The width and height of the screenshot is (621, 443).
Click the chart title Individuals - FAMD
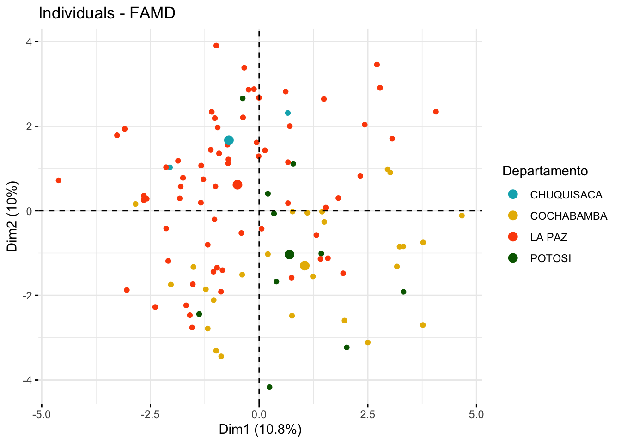tap(107, 13)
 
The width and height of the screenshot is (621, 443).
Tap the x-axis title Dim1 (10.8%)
tap(260, 430)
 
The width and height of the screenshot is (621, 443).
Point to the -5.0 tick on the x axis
tap(42, 414)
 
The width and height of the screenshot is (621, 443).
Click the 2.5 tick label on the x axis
tap(368, 414)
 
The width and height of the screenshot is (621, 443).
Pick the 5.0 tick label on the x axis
tap(476, 414)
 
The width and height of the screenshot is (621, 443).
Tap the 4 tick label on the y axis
tap(29, 42)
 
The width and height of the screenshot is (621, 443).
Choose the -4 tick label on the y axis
tap(27, 380)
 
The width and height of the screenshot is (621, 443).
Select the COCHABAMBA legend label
tap(568, 216)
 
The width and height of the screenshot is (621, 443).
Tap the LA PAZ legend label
tap(548, 237)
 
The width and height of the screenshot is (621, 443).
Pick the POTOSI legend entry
tap(550, 258)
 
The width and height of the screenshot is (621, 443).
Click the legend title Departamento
tap(545, 171)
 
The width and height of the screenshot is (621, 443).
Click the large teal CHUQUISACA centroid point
tap(229, 140)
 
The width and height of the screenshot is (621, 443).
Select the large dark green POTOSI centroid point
tap(290, 254)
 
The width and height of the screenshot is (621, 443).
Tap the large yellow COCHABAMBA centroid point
tap(304, 265)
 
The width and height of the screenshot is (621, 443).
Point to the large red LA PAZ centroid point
tap(237, 185)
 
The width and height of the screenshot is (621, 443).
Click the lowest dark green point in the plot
tap(269, 387)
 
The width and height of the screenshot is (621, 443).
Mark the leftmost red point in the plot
tap(59, 180)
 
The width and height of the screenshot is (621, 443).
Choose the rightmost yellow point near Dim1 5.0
tap(462, 216)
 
